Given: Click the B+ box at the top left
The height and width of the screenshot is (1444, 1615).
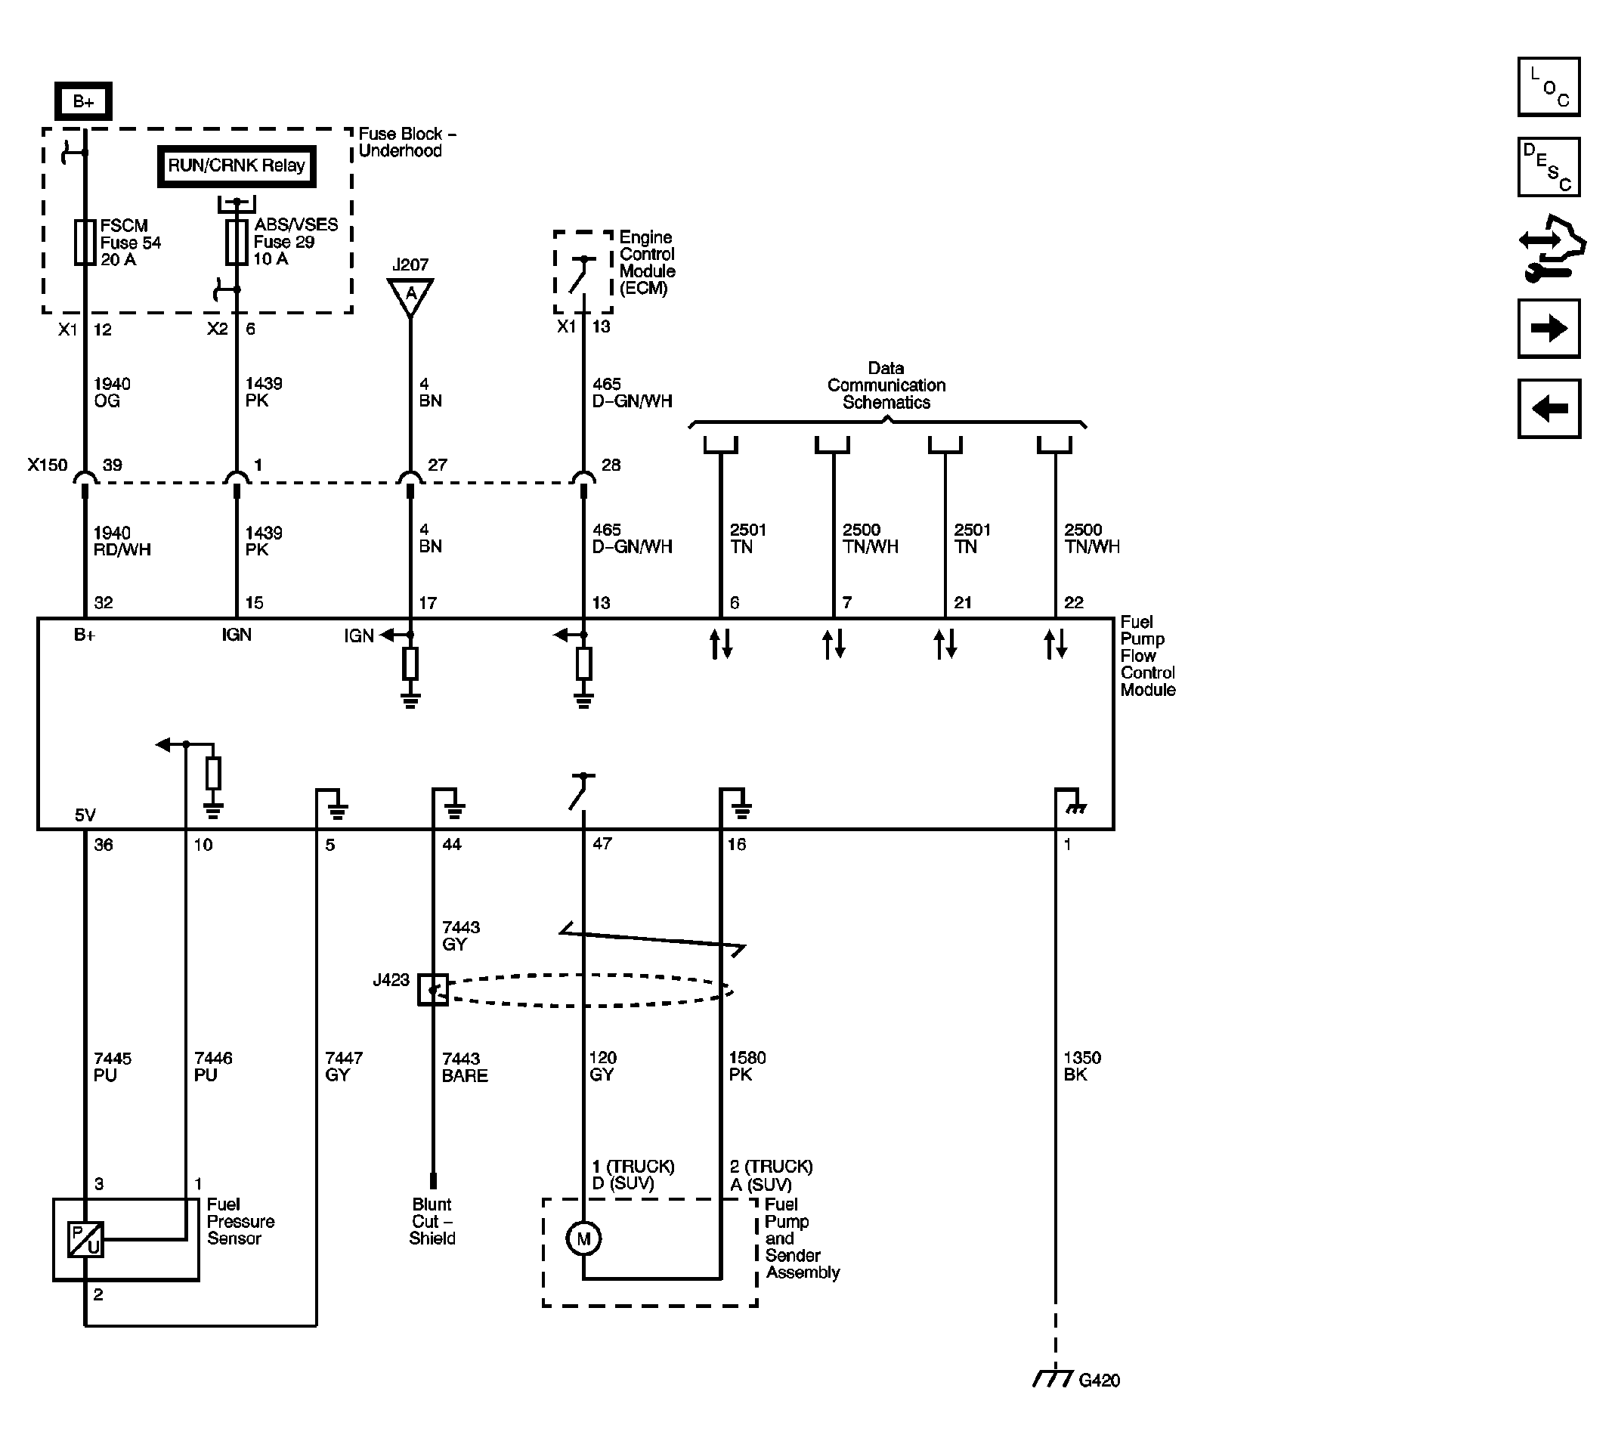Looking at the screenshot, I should click(83, 100).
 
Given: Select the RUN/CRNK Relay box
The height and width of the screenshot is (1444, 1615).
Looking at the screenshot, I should click(237, 165).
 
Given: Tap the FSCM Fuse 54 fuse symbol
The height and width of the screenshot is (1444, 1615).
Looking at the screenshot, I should click(85, 242).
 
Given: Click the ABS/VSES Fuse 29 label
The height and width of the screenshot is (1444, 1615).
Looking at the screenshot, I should click(295, 241).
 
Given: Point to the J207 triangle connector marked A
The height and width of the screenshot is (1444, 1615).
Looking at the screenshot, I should click(410, 295).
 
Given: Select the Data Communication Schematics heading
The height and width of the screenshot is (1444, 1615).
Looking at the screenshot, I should click(886, 385).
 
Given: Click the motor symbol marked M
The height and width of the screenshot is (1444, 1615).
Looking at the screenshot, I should click(583, 1238).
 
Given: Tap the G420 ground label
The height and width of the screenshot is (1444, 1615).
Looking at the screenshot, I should click(1099, 1381).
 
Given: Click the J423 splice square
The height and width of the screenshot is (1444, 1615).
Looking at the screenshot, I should click(433, 990).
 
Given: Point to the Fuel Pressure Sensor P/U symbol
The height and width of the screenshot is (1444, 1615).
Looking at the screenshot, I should click(85, 1239).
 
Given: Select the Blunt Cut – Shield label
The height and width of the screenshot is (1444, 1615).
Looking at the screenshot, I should click(432, 1221).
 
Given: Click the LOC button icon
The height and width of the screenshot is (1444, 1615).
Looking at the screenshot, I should click(1548, 88).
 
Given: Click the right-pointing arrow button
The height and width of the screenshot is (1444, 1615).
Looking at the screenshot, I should click(1548, 329).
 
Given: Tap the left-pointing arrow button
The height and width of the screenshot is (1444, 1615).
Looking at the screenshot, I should click(1548, 409).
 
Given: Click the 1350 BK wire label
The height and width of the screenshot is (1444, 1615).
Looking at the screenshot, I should click(1081, 1065).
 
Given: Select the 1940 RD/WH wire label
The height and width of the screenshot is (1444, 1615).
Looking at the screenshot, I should click(122, 541).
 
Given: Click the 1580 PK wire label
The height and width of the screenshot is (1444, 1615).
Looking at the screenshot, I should click(747, 1065).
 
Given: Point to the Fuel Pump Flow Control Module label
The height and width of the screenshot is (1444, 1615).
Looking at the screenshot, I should click(1146, 655).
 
